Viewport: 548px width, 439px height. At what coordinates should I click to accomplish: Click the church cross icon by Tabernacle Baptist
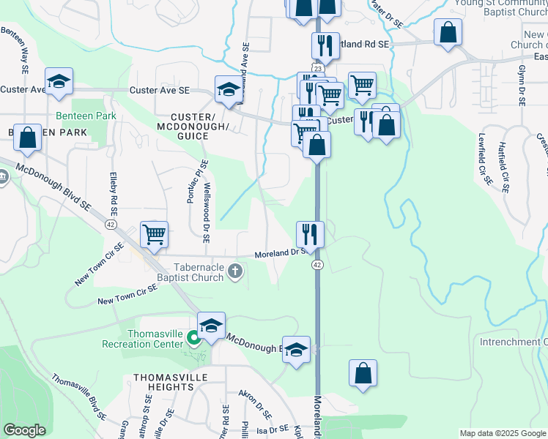[x=235, y=272]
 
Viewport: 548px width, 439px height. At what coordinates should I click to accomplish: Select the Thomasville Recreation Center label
[x=155, y=339]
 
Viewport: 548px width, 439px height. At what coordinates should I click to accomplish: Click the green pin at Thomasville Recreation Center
[x=193, y=338]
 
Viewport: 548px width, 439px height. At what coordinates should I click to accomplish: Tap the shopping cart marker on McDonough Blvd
[x=155, y=235]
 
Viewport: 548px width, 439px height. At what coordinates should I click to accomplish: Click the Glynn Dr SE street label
[x=522, y=85]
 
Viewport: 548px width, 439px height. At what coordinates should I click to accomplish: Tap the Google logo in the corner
[x=24, y=429]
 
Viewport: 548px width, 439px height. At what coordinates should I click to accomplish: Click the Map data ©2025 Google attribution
[x=503, y=433]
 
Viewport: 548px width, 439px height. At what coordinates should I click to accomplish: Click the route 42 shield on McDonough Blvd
[x=111, y=222]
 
